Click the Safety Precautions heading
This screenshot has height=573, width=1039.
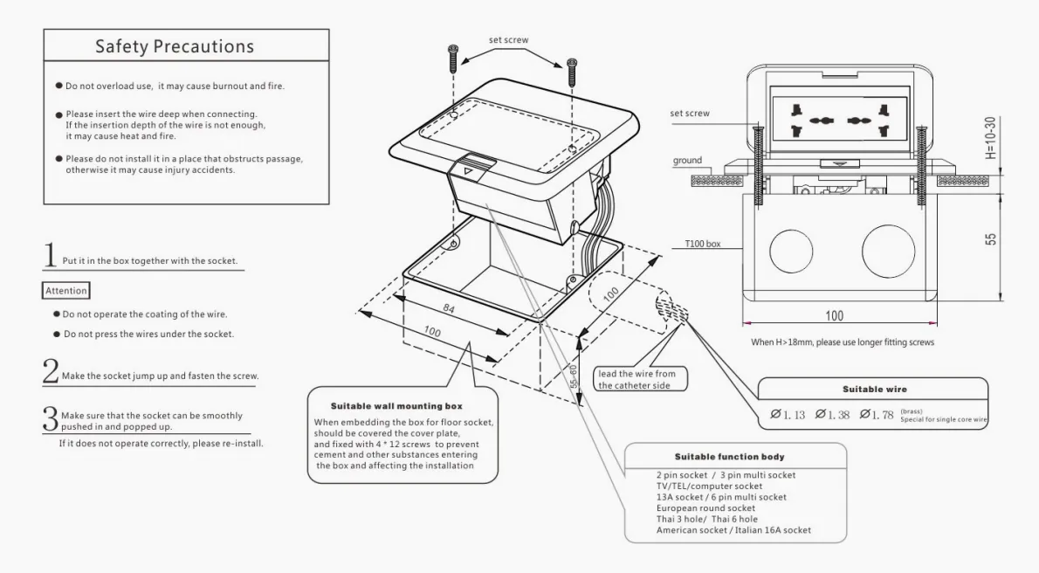(x=175, y=46)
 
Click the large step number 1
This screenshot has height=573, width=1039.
(x=51, y=257)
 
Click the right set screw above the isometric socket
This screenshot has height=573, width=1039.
(x=572, y=74)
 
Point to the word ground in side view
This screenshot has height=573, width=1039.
(x=688, y=161)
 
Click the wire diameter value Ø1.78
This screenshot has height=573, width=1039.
(x=877, y=414)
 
